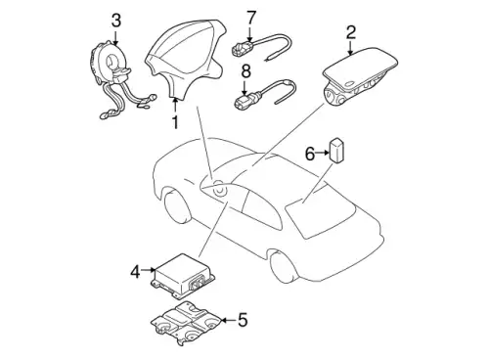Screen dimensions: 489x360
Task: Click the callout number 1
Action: (175, 122)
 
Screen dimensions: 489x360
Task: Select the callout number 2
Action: (350, 32)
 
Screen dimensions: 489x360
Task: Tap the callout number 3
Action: (116, 21)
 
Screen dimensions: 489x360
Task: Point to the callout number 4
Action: (135, 271)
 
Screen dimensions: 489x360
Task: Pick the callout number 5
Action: (243, 320)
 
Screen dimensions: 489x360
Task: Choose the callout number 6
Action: (310, 154)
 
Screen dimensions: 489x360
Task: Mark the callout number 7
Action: (251, 18)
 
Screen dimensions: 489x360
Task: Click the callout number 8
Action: (246, 71)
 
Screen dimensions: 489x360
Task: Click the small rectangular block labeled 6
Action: (337, 151)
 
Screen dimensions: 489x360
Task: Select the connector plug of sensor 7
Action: (241, 49)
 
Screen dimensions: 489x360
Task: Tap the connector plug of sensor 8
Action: (242, 101)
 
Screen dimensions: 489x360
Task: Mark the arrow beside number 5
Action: (228, 320)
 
